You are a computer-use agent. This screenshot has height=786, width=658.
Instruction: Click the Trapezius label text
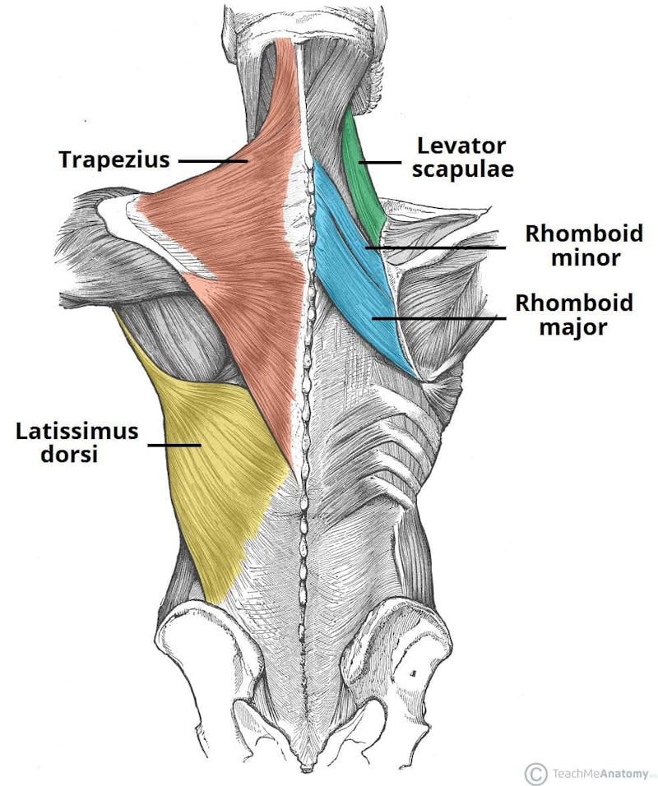(114, 160)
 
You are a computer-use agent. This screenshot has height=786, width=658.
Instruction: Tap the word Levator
(460, 146)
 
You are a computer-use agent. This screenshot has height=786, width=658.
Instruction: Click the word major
(574, 327)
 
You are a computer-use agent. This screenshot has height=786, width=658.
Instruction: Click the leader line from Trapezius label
(212, 161)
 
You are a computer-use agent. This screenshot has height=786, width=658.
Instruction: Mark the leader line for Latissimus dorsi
(174, 446)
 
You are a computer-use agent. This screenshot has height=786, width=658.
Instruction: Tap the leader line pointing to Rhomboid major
(436, 317)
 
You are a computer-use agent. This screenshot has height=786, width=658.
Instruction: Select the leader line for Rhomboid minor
(436, 247)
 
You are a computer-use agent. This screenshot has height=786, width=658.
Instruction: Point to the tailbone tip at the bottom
(306, 768)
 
